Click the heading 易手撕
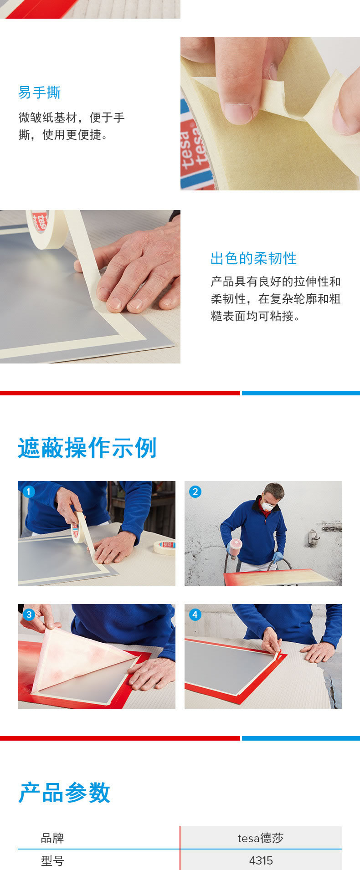(x=39, y=92)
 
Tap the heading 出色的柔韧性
(x=253, y=258)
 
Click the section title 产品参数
(x=64, y=793)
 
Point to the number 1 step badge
(x=28, y=491)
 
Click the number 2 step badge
(x=195, y=491)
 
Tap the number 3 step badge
(x=28, y=614)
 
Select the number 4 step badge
(x=195, y=614)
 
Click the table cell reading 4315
(x=261, y=860)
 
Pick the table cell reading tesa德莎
(x=261, y=838)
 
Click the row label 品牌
(x=52, y=838)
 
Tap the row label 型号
(x=52, y=860)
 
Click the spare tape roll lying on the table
(x=164, y=547)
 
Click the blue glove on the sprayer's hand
(x=278, y=557)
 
